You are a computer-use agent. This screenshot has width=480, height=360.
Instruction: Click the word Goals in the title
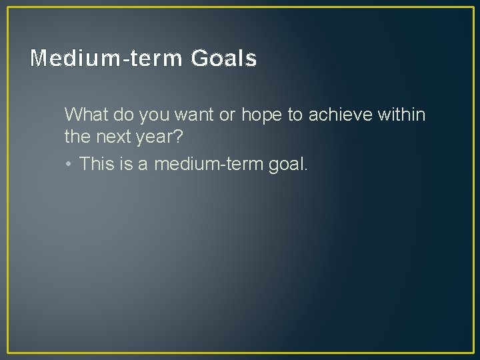click(x=223, y=59)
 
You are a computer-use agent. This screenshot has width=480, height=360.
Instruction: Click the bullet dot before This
click(x=69, y=164)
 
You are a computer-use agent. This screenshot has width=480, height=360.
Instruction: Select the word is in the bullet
click(x=126, y=163)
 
